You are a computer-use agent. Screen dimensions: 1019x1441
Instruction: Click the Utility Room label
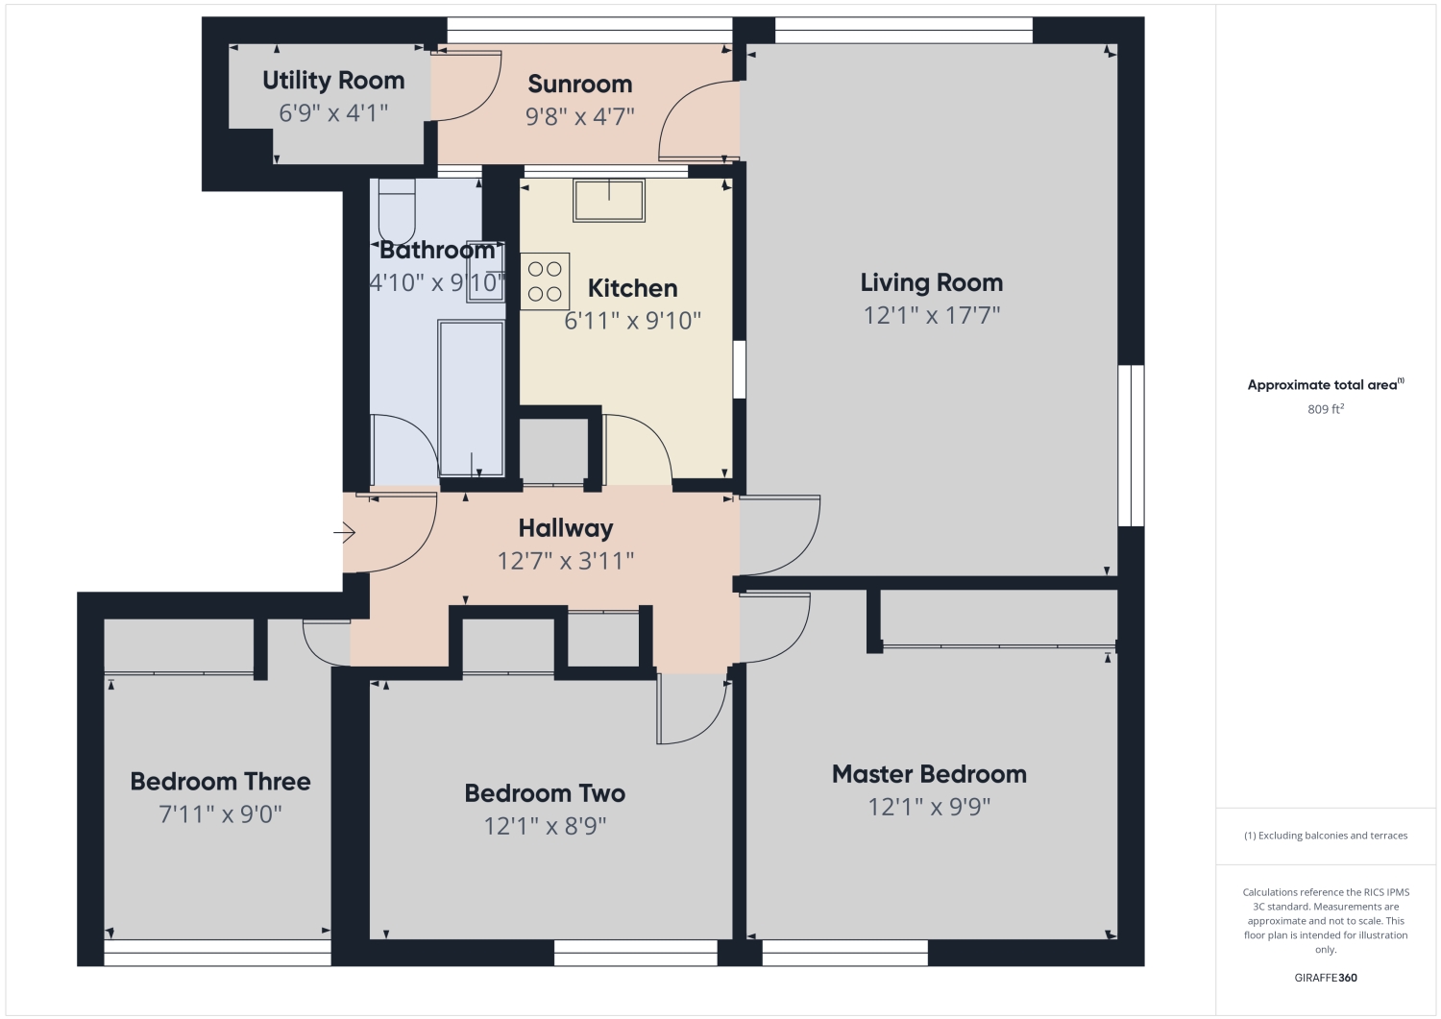(333, 81)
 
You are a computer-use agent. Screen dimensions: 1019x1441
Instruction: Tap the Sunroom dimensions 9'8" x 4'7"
(579, 117)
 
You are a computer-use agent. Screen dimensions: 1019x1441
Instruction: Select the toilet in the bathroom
(397, 212)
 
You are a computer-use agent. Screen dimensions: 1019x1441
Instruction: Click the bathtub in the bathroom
(471, 398)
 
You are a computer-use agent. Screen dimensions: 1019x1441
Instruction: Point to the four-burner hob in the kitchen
(545, 281)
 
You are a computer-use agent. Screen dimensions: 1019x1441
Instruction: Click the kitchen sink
(609, 200)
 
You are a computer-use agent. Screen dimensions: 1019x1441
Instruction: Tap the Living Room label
(931, 282)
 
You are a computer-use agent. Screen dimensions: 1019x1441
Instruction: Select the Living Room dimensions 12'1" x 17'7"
(931, 315)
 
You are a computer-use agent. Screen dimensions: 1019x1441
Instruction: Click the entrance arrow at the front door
(345, 532)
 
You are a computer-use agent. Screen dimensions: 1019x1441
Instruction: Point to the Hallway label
(565, 528)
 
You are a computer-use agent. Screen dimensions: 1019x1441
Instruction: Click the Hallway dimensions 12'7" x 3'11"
(565, 561)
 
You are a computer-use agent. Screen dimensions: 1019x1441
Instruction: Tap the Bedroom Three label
(220, 782)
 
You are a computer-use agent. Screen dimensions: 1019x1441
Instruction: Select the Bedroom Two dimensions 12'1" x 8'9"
(545, 826)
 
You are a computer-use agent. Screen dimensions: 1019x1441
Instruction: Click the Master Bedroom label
(929, 774)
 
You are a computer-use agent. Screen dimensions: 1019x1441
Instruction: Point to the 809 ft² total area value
(1326, 409)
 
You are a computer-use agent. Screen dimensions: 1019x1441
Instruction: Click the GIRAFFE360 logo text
(1326, 978)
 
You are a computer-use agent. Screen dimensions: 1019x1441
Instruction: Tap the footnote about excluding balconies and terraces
(1326, 836)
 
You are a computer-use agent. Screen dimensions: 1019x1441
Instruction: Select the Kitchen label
(632, 288)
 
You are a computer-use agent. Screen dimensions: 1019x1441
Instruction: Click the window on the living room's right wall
(1131, 445)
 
